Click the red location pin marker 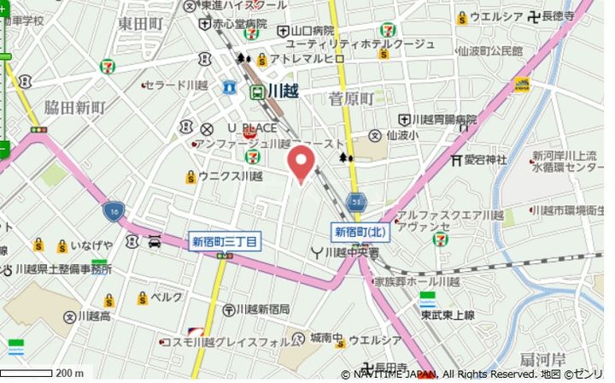point(300,162)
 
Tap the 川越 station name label point(282,90)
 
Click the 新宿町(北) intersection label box point(359,232)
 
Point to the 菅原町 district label point(351,99)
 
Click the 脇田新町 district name point(75,107)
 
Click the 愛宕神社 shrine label point(485,160)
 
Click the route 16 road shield point(114,209)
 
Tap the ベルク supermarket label point(167,297)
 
